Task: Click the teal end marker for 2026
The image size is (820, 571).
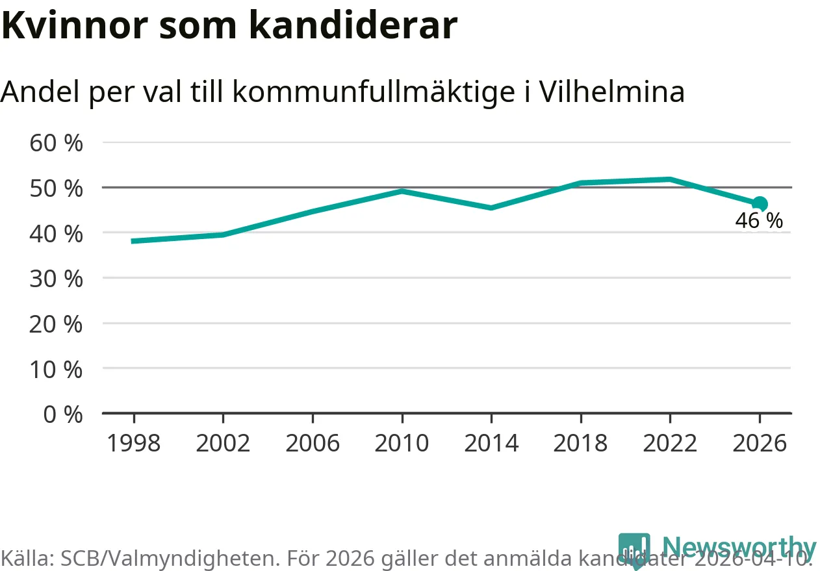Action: click(x=760, y=204)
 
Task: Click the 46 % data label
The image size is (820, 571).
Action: click(x=758, y=221)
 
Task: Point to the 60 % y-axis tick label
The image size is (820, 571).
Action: click(x=57, y=143)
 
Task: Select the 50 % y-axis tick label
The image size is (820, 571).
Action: click(x=57, y=188)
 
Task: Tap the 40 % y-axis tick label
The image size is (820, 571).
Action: click(x=57, y=233)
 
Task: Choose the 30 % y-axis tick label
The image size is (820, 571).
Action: click(x=57, y=279)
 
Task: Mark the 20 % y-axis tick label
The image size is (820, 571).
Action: click(x=57, y=324)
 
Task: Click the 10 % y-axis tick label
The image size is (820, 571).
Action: click(x=57, y=369)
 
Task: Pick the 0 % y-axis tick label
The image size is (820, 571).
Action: click(x=63, y=414)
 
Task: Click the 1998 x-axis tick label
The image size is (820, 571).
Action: click(x=133, y=443)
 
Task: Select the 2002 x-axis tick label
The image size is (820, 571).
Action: click(x=223, y=443)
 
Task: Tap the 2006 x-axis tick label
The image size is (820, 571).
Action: click(x=313, y=443)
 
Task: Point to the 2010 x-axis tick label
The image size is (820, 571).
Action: click(x=402, y=443)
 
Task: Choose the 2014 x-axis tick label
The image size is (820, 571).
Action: click(x=491, y=443)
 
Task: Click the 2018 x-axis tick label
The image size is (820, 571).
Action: click(x=580, y=443)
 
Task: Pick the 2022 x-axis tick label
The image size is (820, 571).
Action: click(x=669, y=443)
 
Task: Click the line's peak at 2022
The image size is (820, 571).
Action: click(x=669, y=179)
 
